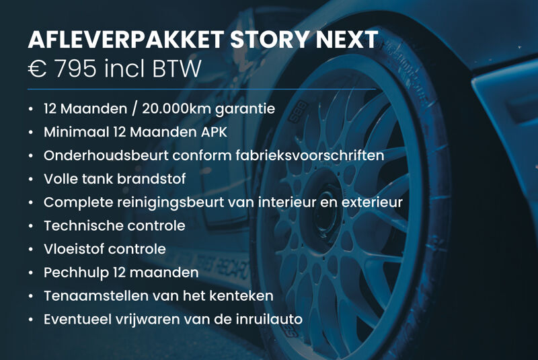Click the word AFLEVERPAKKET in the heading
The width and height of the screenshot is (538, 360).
pyautogui.click(x=126, y=40)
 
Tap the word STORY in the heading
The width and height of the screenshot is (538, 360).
pyautogui.click(x=270, y=40)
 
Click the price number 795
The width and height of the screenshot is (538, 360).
pyautogui.click(x=75, y=68)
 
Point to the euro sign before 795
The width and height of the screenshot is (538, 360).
pyautogui.click(x=38, y=68)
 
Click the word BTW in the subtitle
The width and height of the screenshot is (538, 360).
pyautogui.click(x=176, y=68)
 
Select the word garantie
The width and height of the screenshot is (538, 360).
pyautogui.click(x=245, y=110)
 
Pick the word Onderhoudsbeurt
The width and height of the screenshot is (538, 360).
pyautogui.click(x=106, y=155)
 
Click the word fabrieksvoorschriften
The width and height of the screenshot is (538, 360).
pyautogui.click(x=310, y=155)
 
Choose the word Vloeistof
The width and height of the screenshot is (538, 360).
pyautogui.click(x=73, y=249)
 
